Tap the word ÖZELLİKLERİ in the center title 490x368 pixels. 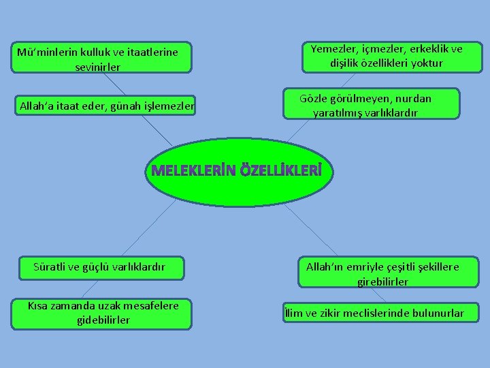(278, 170)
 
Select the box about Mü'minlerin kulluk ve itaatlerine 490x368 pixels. (101, 59)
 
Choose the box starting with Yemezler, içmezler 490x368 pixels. (386, 56)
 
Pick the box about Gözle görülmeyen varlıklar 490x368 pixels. (365, 105)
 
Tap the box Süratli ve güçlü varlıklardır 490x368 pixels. (99, 267)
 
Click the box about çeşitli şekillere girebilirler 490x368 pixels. (382, 273)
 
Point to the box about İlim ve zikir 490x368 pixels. (376, 313)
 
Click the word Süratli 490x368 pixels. (51, 266)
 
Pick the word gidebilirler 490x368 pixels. (103, 320)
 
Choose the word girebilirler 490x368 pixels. (382, 281)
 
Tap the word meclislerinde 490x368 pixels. (378, 313)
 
